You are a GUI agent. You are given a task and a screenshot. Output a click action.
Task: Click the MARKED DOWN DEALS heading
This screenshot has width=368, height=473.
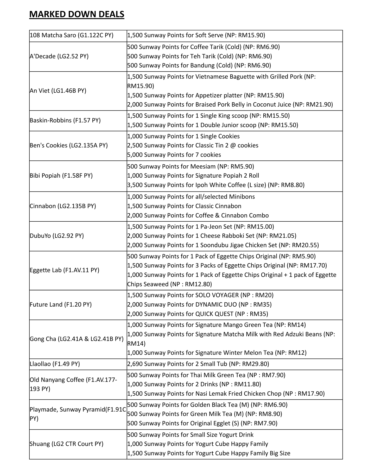click(77, 14)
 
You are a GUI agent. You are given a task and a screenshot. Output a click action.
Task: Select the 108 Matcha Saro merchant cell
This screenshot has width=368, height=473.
click(72, 35)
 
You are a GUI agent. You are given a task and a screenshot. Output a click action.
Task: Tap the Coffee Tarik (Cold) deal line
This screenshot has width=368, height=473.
click(203, 47)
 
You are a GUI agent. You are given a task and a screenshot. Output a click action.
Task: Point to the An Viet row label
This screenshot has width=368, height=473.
click(58, 91)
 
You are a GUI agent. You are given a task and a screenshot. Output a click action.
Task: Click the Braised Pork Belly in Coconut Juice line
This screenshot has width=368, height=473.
click(230, 104)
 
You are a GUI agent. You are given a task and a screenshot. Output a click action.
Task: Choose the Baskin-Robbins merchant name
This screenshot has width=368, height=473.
click(65, 120)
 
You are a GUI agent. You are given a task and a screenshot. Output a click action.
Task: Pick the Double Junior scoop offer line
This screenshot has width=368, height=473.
click(212, 125)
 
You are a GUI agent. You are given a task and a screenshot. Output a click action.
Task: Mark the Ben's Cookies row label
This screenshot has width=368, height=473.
click(69, 145)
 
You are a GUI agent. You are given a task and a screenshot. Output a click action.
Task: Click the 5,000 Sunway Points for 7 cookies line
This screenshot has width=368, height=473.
click(174, 155)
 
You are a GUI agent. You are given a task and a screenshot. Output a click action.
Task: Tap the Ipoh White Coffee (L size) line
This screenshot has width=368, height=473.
click(215, 185)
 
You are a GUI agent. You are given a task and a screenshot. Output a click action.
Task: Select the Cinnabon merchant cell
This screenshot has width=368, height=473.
click(63, 206)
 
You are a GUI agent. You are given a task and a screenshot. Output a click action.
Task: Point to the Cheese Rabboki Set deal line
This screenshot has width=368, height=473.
click(212, 236)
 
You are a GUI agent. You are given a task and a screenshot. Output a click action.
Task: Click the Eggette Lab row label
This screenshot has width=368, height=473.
click(65, 270)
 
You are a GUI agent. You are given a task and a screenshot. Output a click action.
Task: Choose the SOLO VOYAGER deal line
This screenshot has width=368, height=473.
click(200, 295)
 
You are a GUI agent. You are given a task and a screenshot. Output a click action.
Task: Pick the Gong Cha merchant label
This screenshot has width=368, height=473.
click(77, 339)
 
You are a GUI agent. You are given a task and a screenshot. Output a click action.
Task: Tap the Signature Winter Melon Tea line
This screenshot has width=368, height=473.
click(217, 353)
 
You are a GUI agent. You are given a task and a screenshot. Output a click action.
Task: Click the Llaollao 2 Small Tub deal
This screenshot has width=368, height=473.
click(198, 364)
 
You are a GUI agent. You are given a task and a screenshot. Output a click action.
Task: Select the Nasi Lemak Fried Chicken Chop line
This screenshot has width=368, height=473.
click(226, 394)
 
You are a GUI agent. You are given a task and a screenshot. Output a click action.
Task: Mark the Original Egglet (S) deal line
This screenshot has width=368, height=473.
click(202, 423)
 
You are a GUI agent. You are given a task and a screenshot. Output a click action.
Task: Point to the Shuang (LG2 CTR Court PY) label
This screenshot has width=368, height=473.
click(66, 444)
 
